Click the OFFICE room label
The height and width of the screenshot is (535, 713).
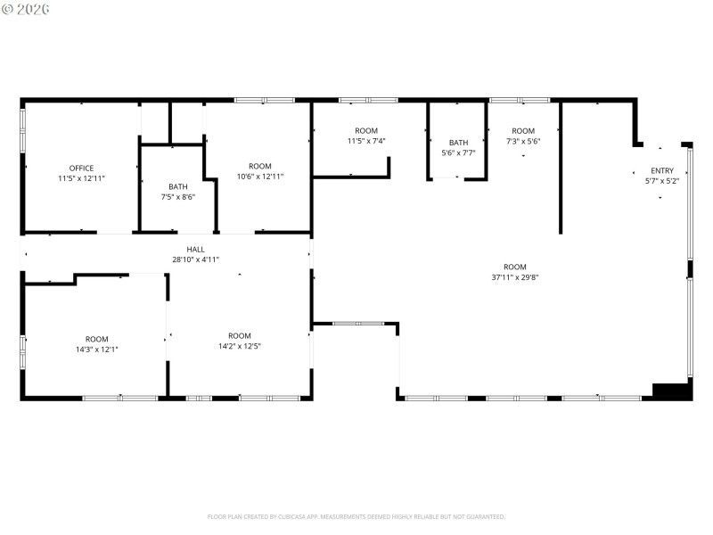pyautogui.click(x=81, y=168)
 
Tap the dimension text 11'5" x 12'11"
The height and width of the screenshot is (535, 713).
pyautogui.click(x=81, y=178)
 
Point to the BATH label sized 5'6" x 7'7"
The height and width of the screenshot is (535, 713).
pyautogui.click(x=458, y=142)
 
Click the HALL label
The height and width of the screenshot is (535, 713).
pyautogui.click(x=195, y=249)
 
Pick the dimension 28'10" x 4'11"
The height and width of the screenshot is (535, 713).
pyautogui.click(x=195, y=259)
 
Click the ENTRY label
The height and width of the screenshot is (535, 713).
pyautogui.click(x=662, y=170)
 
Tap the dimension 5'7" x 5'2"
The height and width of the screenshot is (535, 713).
pyautogui.click(x=662, y=181)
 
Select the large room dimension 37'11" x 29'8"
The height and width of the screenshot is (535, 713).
pyautogui.click(x=514, y=277)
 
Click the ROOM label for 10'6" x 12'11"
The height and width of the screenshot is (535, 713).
pyautogui.click(x=259, y=166)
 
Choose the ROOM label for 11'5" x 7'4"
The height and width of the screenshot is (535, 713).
pyautogui.click(x=365, y=130)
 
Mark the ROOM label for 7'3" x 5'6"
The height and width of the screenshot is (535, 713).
pyautogui.click(x=523, y=131)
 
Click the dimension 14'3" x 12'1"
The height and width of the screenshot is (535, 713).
pyautogui.click(x=96, y=350)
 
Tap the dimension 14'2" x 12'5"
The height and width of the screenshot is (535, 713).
pyautogui.click(x=239, y=346)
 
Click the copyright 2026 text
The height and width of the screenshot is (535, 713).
pyautogui.click(x=26, y=8)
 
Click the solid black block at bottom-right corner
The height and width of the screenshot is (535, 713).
pyautogui.click(x=674, y=391)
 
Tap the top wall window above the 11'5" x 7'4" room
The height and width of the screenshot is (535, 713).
pyautogui.click(x=368, y=100)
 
